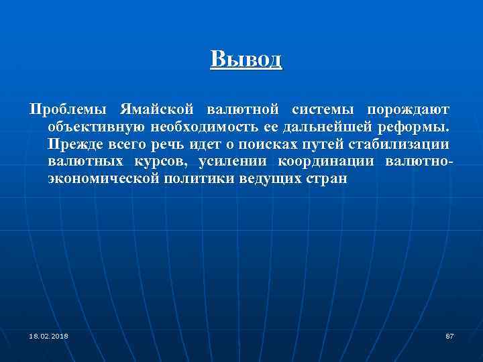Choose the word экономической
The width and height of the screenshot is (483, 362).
(x=103, y=180)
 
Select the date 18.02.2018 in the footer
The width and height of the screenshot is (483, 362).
(x=48, y=335)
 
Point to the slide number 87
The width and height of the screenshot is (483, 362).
(x=449, y=335)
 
